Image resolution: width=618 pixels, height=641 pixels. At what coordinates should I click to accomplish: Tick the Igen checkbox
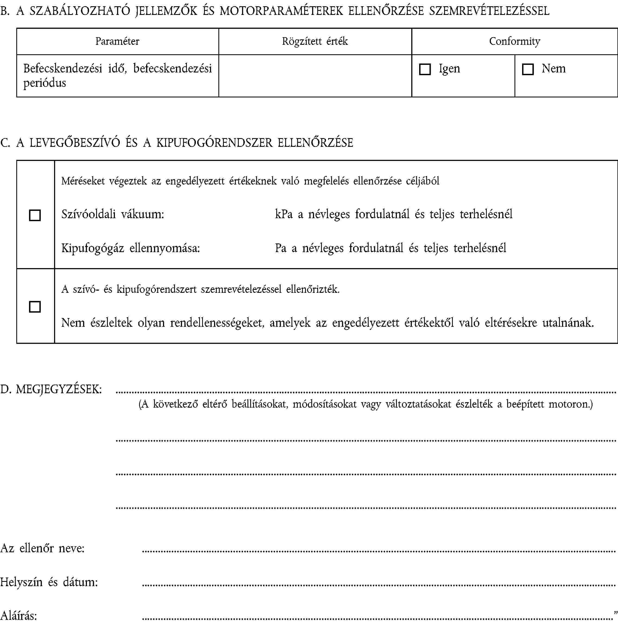425,69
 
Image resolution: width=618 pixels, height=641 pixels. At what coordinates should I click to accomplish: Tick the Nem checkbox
527,69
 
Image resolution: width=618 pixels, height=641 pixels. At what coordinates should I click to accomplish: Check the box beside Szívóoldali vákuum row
35,215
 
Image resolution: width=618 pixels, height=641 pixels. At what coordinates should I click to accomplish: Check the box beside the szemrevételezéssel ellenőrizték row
35,307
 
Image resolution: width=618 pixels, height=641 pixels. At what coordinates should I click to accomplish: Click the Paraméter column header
117,41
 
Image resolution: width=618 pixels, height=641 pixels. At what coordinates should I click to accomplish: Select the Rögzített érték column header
315,41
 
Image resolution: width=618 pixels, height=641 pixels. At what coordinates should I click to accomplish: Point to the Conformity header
515,41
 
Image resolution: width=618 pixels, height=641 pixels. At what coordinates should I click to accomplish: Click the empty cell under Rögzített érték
315,76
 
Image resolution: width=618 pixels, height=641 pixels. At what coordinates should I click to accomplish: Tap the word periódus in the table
45,83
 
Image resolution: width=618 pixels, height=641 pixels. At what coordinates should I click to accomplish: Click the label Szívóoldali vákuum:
113,214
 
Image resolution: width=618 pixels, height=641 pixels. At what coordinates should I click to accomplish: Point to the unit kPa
284,214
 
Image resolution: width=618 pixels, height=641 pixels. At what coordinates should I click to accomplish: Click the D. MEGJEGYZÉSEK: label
51,389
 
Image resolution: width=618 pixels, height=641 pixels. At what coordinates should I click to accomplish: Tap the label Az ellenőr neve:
43,548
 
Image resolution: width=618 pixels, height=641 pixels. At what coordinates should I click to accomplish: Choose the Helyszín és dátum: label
49,582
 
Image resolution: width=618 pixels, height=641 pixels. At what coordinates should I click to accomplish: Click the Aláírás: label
19,616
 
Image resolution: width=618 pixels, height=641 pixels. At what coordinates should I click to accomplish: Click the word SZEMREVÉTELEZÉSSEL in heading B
489,11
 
